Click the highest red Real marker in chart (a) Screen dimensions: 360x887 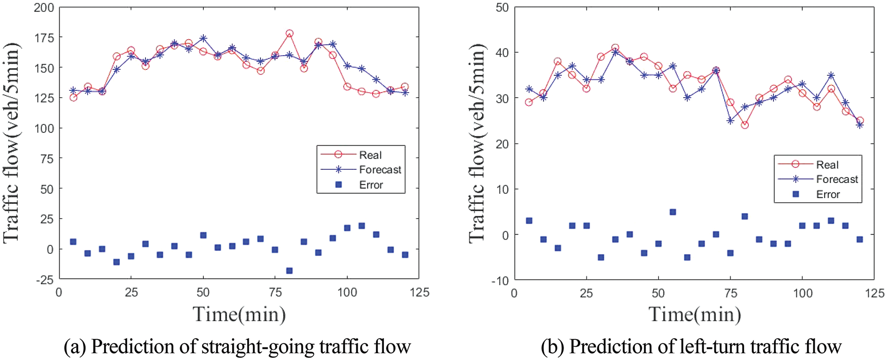[289, 33]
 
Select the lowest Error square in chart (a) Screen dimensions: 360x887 [289, 271]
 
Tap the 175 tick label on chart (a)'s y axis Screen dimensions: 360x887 [44, 38]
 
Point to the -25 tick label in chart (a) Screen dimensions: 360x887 [45, 280]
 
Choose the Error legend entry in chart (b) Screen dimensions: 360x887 [827, 194]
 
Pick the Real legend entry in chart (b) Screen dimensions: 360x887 [827, 165]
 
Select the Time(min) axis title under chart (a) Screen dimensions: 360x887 [239, 314]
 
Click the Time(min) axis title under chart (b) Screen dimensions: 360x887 [695, 314]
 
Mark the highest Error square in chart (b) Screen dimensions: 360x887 [673, 212]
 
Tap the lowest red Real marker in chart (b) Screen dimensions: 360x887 [745, 125]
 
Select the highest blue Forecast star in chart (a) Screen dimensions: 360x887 [203, 38]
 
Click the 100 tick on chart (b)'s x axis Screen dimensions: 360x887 [802, 293]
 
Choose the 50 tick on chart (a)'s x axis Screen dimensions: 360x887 [203, 292]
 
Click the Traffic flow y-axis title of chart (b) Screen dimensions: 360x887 [477, 143]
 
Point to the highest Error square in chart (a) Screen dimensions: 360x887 [362, 226]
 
